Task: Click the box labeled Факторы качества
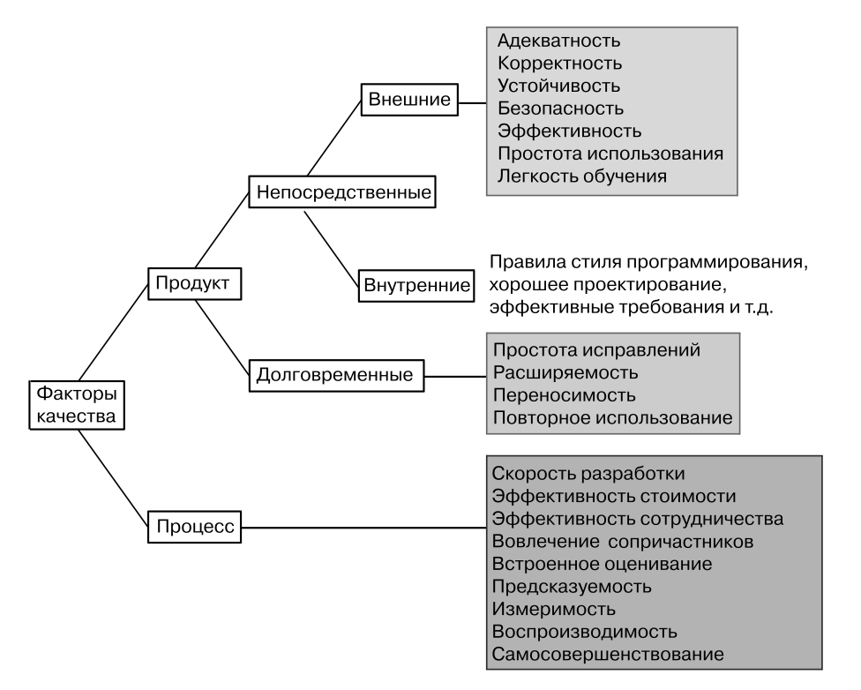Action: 77,405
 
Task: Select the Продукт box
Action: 194,283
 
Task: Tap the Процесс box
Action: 194,527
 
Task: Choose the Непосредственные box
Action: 342,191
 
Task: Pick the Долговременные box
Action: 337,375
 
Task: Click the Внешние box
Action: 409,100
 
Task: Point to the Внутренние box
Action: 416,286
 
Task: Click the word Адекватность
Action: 559,41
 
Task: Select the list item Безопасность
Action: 561,109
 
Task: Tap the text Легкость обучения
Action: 582,176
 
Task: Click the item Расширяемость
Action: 565,372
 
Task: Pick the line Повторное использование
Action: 613,417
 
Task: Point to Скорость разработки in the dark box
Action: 588,474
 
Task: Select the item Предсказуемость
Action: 572,587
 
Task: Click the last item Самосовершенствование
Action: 608,655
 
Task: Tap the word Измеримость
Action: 553,609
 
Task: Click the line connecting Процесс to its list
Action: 364,528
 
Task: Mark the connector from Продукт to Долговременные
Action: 222,337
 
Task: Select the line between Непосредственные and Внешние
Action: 333,138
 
